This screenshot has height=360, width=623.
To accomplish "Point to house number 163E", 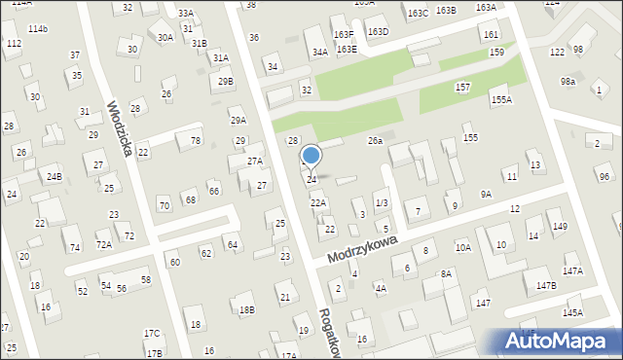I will pos(347,49).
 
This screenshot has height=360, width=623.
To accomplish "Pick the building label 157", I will pos(462,88).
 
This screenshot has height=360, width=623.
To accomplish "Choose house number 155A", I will pos(501,100).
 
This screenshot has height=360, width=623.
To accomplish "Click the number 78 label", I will pos(196,142).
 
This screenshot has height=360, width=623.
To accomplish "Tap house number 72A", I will pos(104,244).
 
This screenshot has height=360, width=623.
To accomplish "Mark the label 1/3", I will pos(382,202).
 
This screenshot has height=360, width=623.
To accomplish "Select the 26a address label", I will pos(375,141).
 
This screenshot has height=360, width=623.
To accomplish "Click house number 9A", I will pos(486,195).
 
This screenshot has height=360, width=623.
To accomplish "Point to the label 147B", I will pos(546,285).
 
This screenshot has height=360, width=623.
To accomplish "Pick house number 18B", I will pos(247,309).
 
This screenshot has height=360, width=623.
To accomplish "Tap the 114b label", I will pos(38,29).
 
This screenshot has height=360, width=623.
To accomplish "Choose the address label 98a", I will pos(568,82).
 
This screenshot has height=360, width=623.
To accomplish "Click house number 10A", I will pos(463,248).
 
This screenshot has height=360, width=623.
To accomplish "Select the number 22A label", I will pos(318,203).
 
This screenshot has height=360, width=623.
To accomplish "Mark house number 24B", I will pos(55,177).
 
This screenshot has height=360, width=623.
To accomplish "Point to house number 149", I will pos(560,227).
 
